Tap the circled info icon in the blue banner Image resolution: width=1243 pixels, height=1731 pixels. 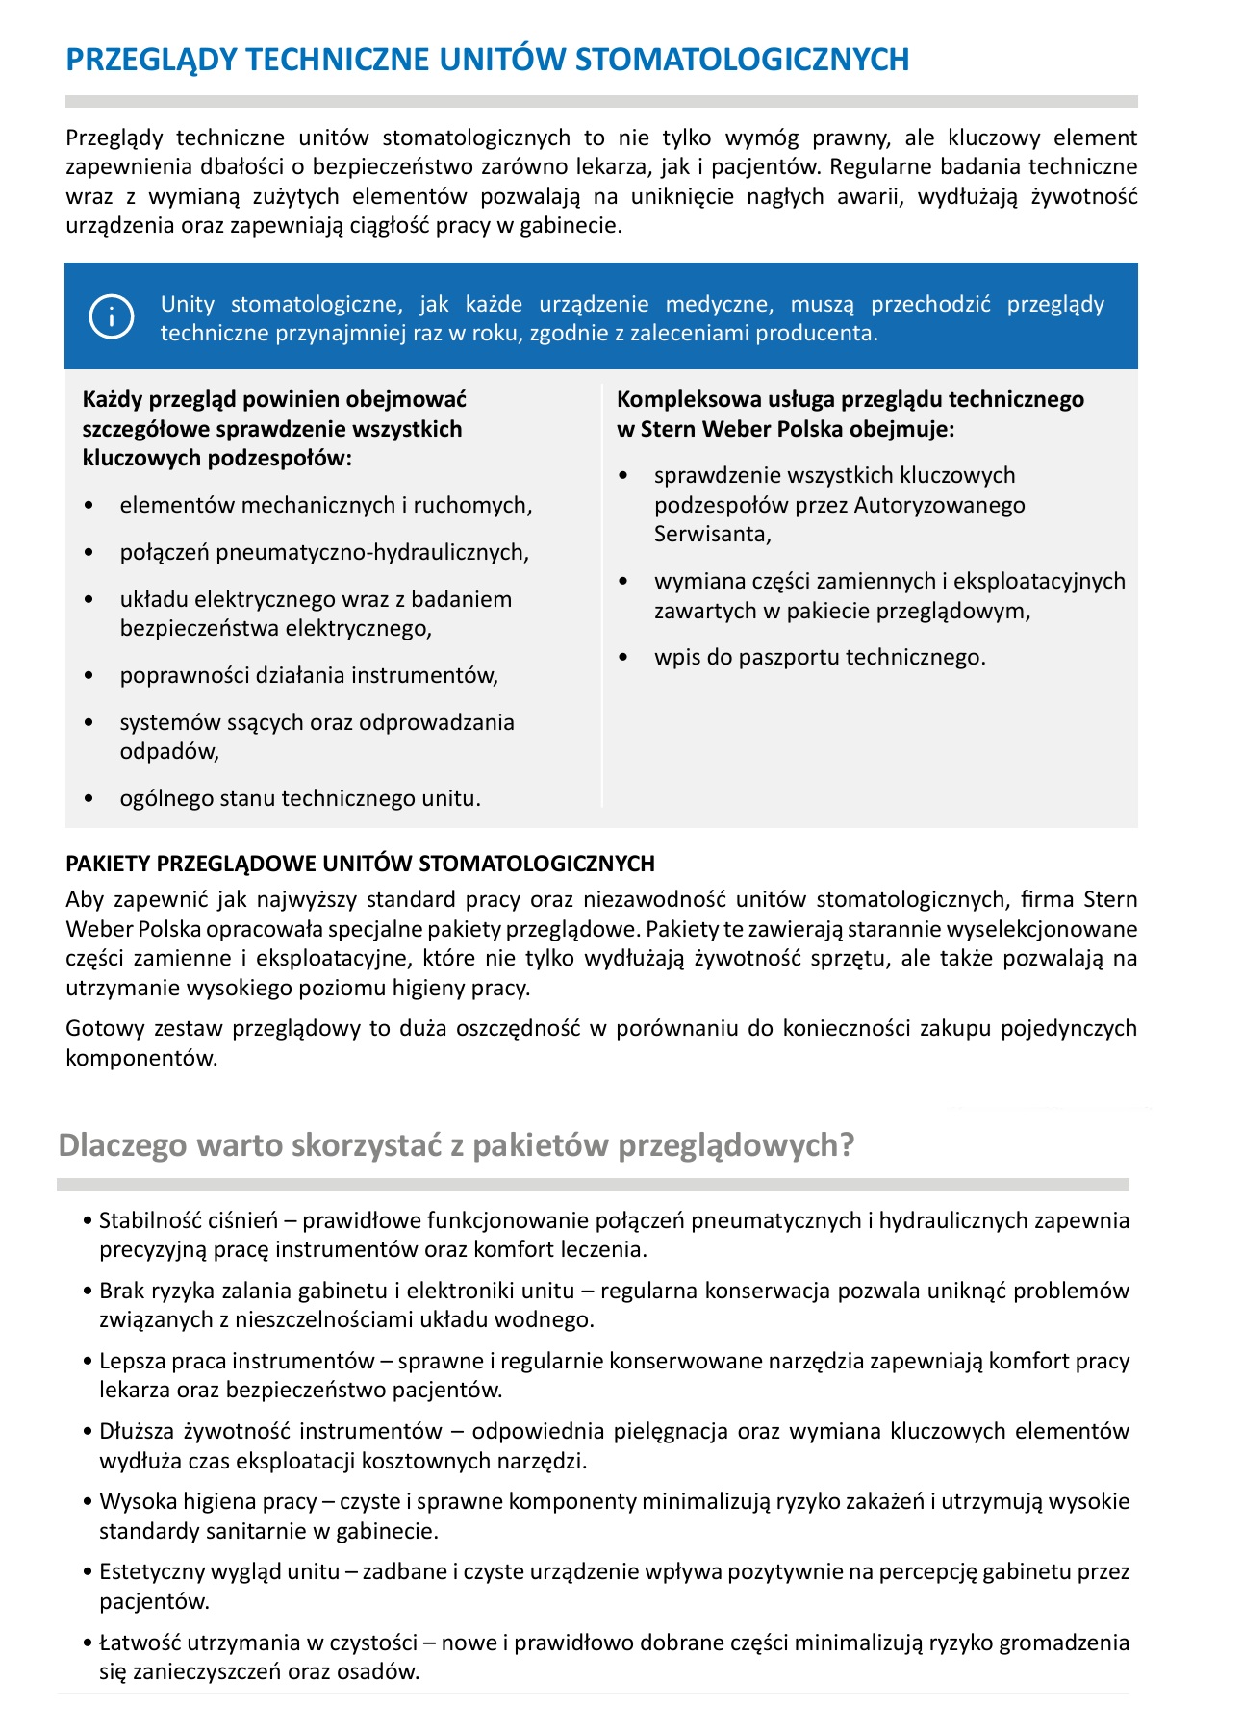(x=111, y=316)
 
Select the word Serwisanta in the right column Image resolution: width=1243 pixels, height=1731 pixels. (x=712, y=535)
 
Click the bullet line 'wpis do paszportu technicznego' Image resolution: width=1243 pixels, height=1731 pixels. (x=820, y=658)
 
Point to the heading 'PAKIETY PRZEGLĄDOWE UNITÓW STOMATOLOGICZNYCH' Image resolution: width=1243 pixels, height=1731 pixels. (x=360, y=864)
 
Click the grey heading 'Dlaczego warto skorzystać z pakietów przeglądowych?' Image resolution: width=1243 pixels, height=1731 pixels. (x=456, y=1145)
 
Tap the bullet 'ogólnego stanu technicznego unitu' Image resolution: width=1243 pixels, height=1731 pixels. (x=300, y=798)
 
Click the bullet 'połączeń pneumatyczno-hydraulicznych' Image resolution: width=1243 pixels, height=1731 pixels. (x=324, y=552)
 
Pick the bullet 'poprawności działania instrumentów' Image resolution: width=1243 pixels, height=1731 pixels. (x=309, y=675)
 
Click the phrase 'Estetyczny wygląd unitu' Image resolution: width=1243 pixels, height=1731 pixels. (x=219, y=1571)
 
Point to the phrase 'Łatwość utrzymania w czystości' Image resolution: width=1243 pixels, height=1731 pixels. (x=253, y=1642)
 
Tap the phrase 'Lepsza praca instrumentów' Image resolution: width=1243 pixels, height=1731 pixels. (x=237, y=1361)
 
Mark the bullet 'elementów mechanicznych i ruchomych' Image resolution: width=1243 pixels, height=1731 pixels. (x=325, y=505)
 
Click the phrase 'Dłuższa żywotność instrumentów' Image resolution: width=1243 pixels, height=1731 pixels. (x=270, y=1431)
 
